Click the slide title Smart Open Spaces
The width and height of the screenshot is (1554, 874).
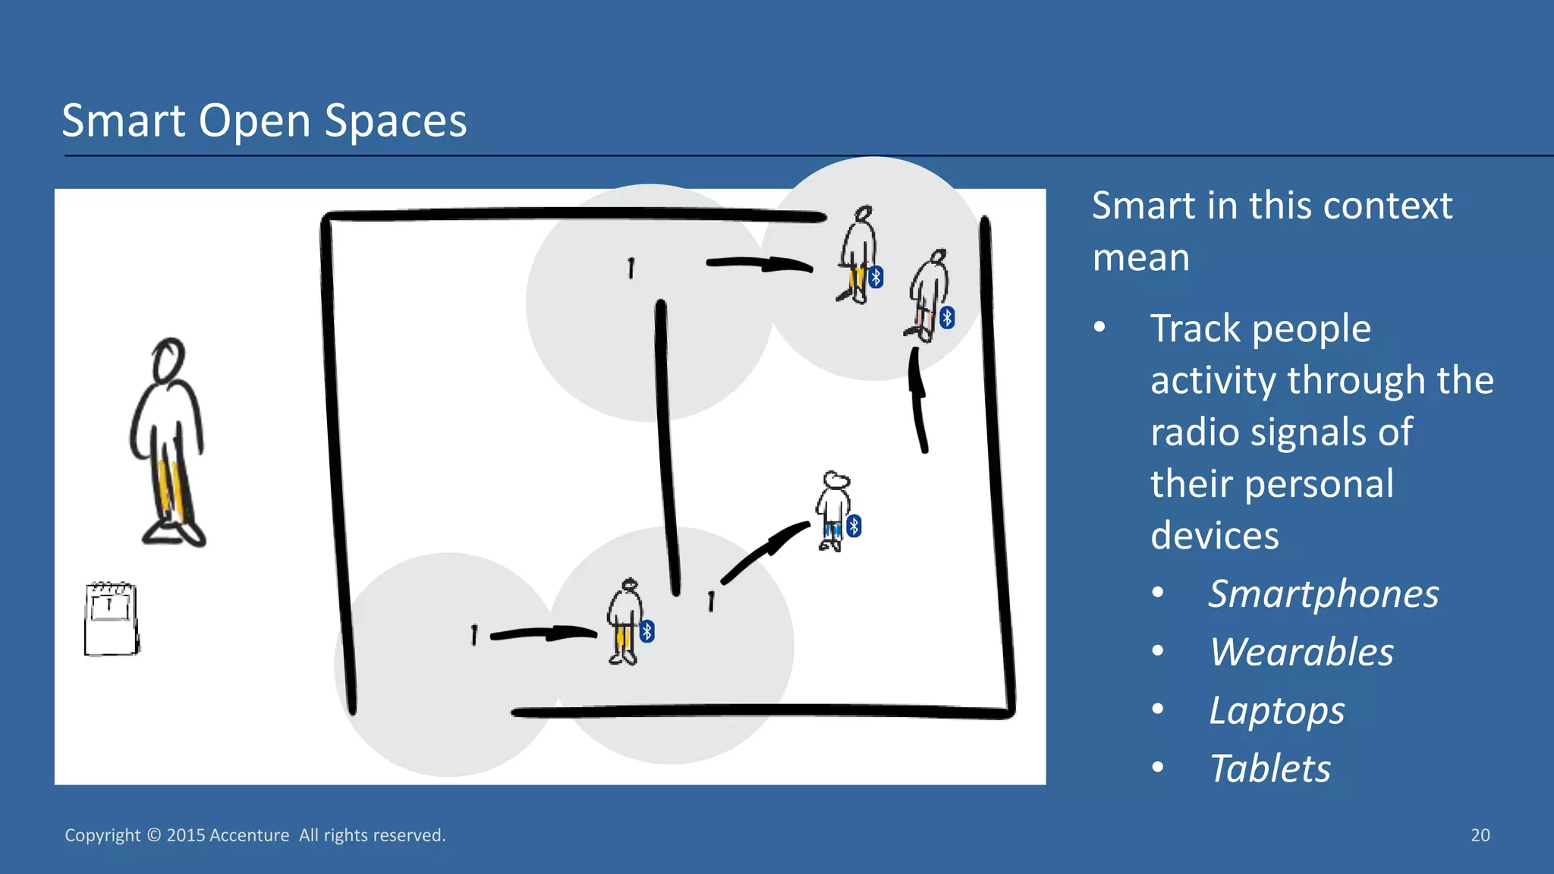click(x=264, y=121)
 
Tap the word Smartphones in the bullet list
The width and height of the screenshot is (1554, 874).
click(x=1323, y=594)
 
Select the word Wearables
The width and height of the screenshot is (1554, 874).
click(x=1301, y=652)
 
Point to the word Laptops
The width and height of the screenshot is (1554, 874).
click(x=1276, y=711)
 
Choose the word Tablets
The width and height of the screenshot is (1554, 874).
click(x=1269, y=769)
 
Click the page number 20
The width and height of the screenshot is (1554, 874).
click(x=1480, y=835)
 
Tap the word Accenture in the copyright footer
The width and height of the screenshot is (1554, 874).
click(x=249, y=835)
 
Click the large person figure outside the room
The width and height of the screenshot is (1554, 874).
click(x=168, y=448)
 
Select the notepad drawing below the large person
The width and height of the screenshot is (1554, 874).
click(x=111, y=618)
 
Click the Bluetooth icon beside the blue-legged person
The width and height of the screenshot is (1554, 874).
click(x=854, y=526)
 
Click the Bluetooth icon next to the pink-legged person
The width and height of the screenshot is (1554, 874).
click(x=947, y=317)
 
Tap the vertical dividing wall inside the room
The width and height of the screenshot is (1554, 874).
click(x=668, y=448)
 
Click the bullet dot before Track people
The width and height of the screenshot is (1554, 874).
click(x=1099, y=328)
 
